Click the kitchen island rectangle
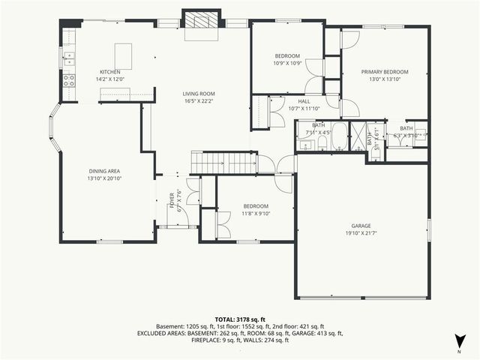123,56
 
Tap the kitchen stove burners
69,80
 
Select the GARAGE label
361,226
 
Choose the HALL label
304,101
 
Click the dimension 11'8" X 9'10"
256,213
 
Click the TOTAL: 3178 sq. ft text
240,319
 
